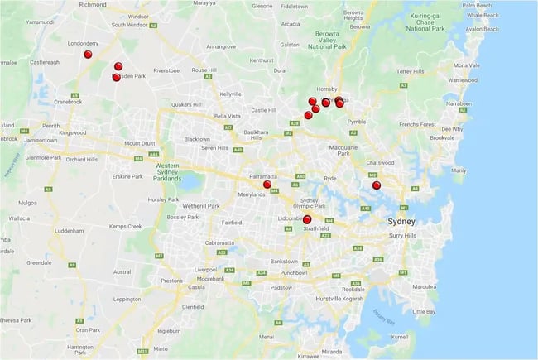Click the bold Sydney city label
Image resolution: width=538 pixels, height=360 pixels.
click(406, 222)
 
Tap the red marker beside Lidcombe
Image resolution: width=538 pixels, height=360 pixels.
click(308, 219)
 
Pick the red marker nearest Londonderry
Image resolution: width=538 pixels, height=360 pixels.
click(89, 55)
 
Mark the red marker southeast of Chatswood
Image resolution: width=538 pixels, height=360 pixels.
click(377, 185)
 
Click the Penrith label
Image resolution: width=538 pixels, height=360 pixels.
click(51, 126)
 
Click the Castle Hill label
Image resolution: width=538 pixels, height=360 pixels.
click(263, 109)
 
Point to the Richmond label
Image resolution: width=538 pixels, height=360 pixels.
click(93, 4)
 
